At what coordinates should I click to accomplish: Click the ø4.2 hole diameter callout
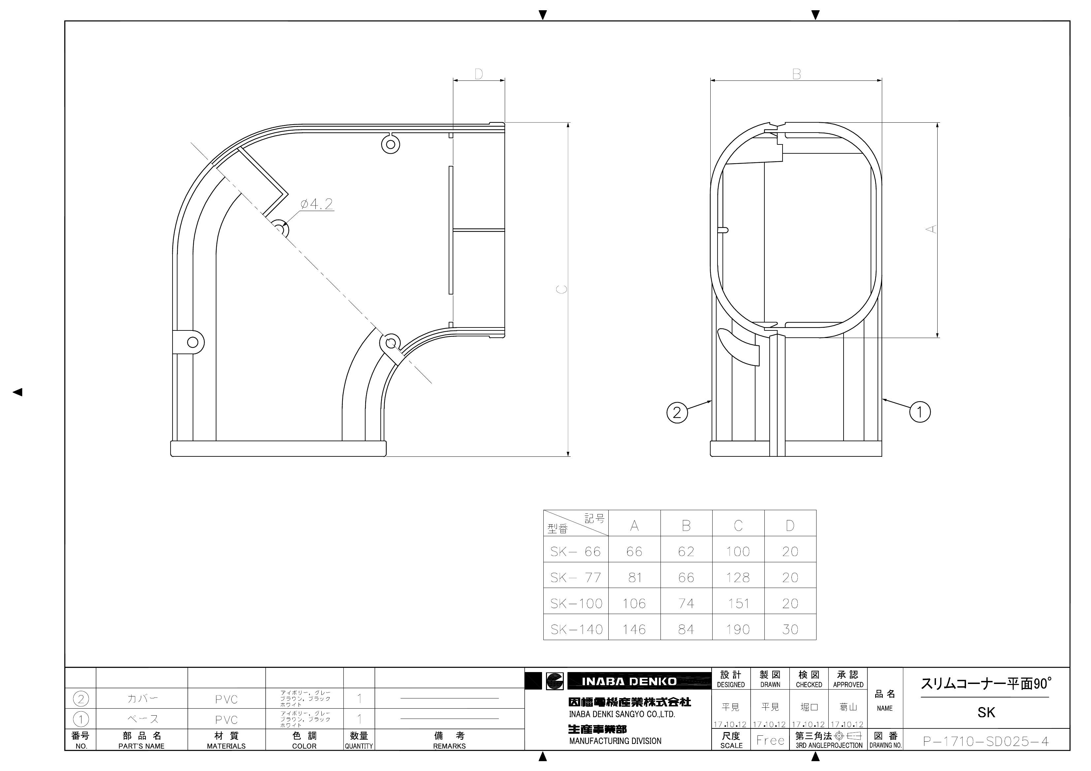point(317,204)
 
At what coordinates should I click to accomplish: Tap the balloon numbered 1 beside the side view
point(919,412)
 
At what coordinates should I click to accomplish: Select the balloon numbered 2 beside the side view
point(677,412)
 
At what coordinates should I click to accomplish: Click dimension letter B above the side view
point(796,74)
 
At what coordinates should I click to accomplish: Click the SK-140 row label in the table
point(576,630)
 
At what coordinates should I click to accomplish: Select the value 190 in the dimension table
point(738,630)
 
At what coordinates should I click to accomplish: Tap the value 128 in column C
point(738,578)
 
